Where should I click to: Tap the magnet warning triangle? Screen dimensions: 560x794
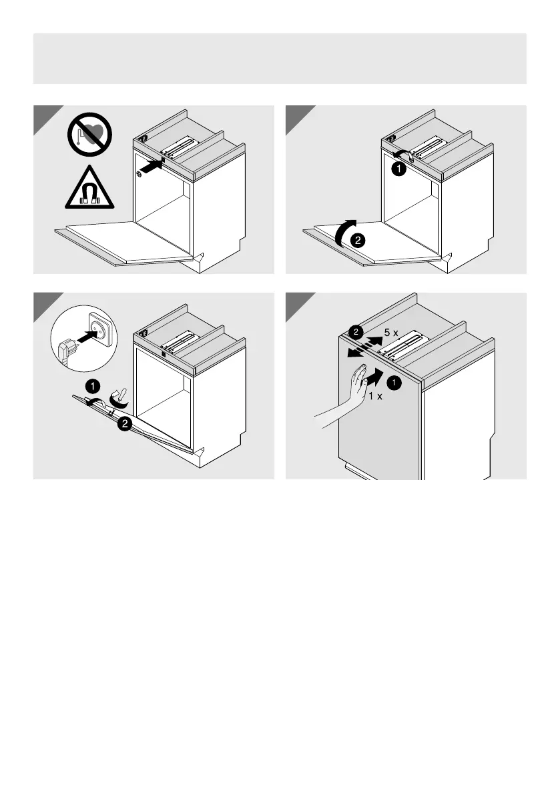point(89,186)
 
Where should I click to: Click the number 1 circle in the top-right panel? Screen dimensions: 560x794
point(397,169)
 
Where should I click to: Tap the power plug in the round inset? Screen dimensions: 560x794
point(67,350)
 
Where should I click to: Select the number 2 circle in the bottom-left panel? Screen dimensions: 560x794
point(123,423)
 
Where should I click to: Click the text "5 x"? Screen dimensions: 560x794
point(392,333)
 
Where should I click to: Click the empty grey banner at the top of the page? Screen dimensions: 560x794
point(280,58)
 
